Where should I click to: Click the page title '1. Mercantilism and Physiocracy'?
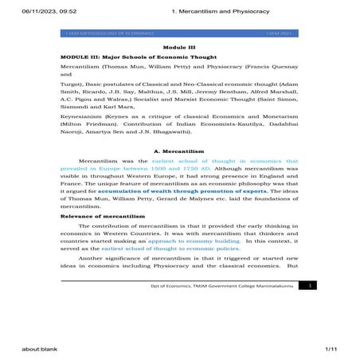click(225, 10)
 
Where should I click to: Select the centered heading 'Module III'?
click(180, 49)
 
